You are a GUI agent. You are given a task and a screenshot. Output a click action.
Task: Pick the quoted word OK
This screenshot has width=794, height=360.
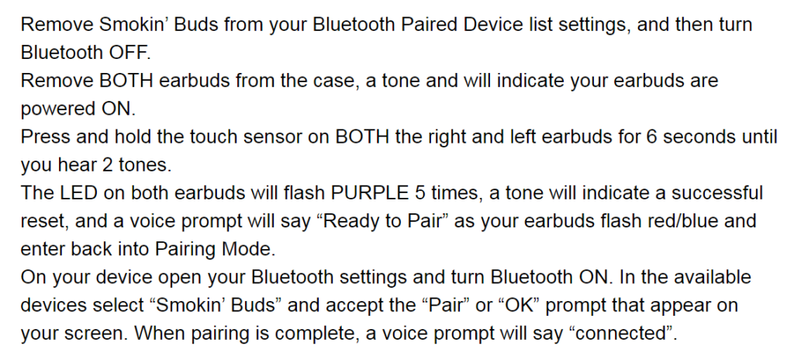tap(518, 305)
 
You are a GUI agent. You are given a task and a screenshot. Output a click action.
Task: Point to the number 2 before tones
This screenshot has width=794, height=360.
tap(107, 165)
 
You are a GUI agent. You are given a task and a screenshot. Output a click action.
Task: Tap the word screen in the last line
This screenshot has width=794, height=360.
tap(97, 334)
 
